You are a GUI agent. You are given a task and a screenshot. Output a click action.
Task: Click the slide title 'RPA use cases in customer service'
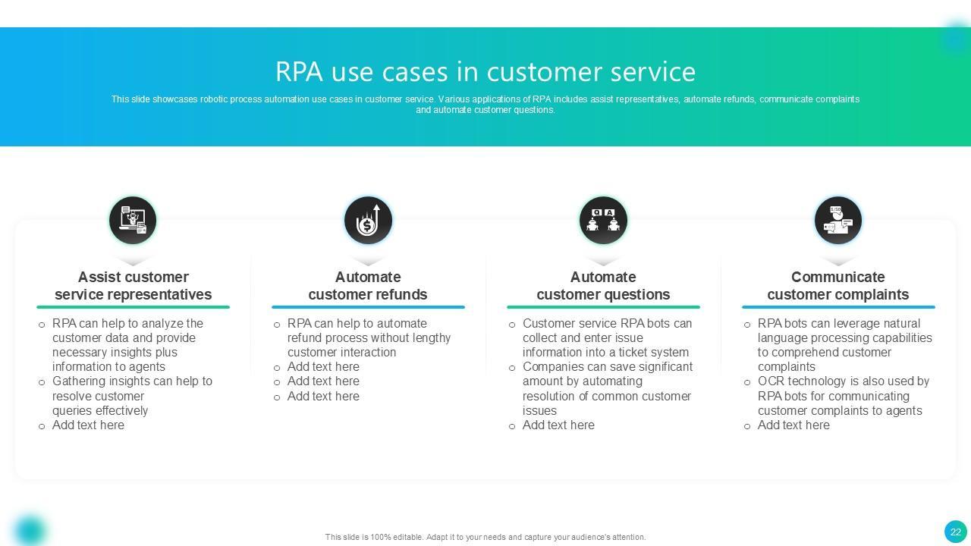pyautogui.click(x=485, y=71)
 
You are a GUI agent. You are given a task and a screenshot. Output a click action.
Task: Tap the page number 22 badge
pyautogui.click(x=955, y=532)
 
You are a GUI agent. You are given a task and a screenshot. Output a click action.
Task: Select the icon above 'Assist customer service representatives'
pyautogui.click(x=133, y=220)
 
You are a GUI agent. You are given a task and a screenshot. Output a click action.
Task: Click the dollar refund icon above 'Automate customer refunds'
pyautogui.click(x=368, y=220)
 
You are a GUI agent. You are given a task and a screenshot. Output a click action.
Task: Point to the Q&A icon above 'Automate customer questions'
pyautogui.click(x=603, y=220)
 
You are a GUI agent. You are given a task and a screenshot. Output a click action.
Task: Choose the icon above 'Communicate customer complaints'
pyautogui.click(x=838, y=220)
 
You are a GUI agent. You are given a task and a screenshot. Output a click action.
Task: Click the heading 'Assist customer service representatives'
pyautogui.click(x=133, y=286)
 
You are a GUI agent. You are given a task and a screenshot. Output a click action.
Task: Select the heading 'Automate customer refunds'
pyautogui.click(x=368, y=286)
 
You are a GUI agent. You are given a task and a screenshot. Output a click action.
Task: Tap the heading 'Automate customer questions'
pyautogui.click(x=603, y=286)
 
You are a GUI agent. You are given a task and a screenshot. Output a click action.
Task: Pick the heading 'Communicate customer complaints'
pyautogui.click(x=838, y=286)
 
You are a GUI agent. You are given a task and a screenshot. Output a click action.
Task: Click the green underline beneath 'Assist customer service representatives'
pyautogui.click(x=133, y=307)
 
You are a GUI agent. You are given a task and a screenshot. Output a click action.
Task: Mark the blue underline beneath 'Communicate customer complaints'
pyautogui.click(x=838, y=307)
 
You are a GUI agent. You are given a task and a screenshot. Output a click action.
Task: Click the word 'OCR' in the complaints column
pyautogui.click(x=771, y=381)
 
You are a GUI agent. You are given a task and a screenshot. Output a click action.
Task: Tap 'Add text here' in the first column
pyautogui.click(x=88, y=425)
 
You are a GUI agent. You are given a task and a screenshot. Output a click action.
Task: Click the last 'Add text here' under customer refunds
pyautogui.click(x=323, y=397)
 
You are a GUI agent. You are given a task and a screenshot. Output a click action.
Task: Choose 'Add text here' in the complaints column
pyautogui.click(x=793, y=425)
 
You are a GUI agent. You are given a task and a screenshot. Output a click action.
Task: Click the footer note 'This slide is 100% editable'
pyautogui.click(x=485, y=537)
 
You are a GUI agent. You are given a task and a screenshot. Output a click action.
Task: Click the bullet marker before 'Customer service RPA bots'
pyautogui.click(x=512, y=325)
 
